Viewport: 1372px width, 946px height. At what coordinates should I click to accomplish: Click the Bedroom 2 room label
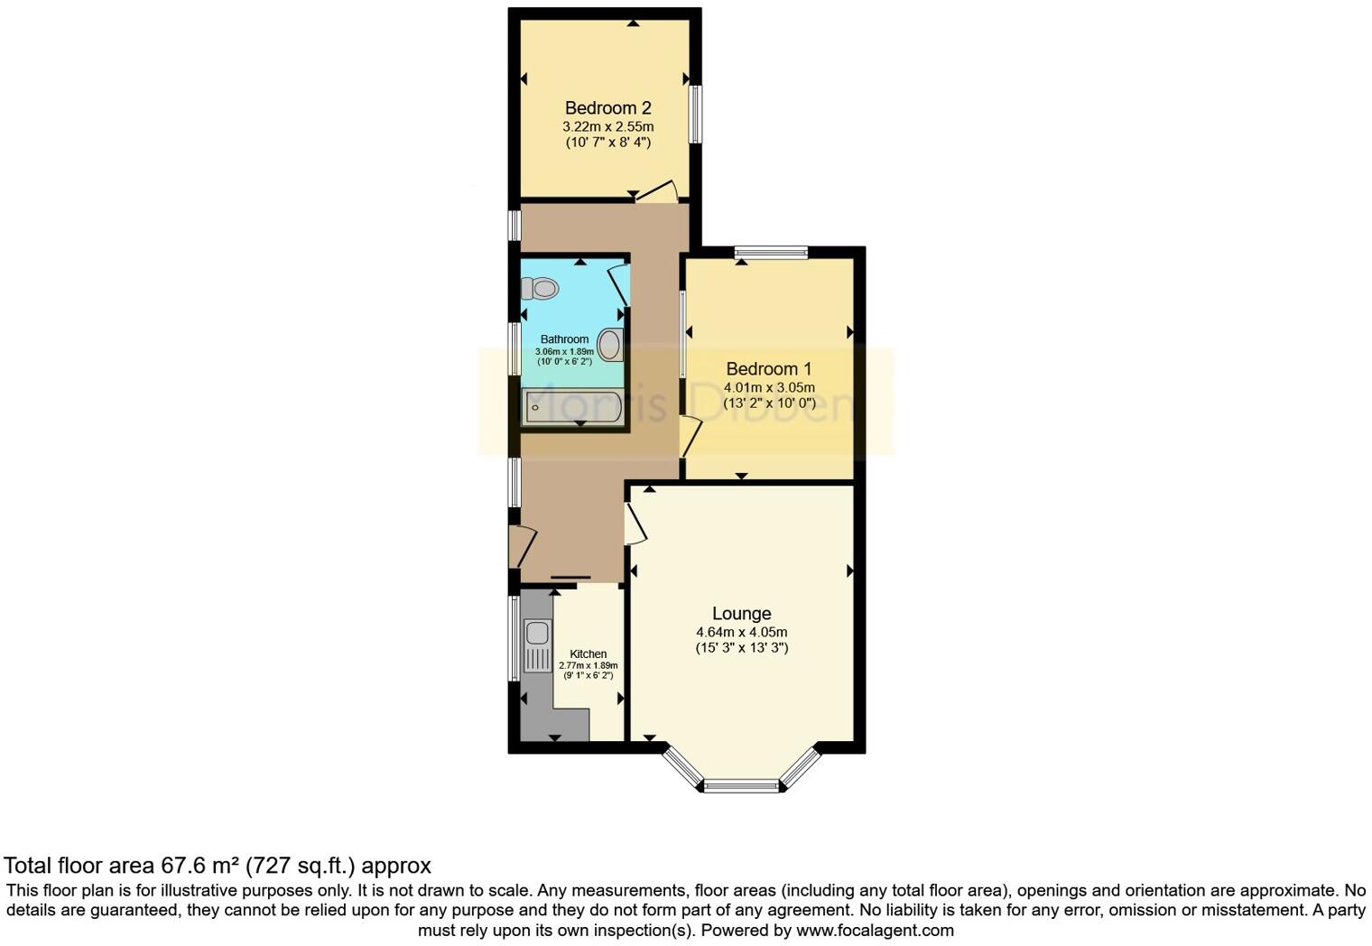pos(607,108)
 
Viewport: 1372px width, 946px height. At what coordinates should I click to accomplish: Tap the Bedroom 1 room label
pos(768,369)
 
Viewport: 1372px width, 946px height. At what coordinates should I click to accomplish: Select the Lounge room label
pos(741,614)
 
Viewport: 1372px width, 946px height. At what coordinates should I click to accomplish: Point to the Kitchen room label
pos(588,654)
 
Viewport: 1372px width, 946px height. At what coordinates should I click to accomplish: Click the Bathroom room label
pos(564,339)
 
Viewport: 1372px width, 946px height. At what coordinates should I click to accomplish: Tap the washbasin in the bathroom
pos(610,346)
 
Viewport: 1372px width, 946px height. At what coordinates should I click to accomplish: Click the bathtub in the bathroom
pos(572,407)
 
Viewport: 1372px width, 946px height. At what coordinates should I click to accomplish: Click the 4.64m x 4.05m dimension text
pos(741,632)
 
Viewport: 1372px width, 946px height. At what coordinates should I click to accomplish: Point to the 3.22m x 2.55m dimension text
pos(607,127)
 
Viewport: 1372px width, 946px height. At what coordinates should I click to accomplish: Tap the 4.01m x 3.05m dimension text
pos(768,388)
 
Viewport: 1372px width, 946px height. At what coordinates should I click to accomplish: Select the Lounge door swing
pos(635,522)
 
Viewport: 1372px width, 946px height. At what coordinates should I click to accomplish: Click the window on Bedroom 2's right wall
pos(696,114)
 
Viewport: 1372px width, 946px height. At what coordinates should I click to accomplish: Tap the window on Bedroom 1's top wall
pos(771,253)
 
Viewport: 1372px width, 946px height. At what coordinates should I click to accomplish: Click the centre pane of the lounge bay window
pos(741,786)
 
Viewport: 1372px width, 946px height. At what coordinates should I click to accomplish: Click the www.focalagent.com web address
pos(875,930)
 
